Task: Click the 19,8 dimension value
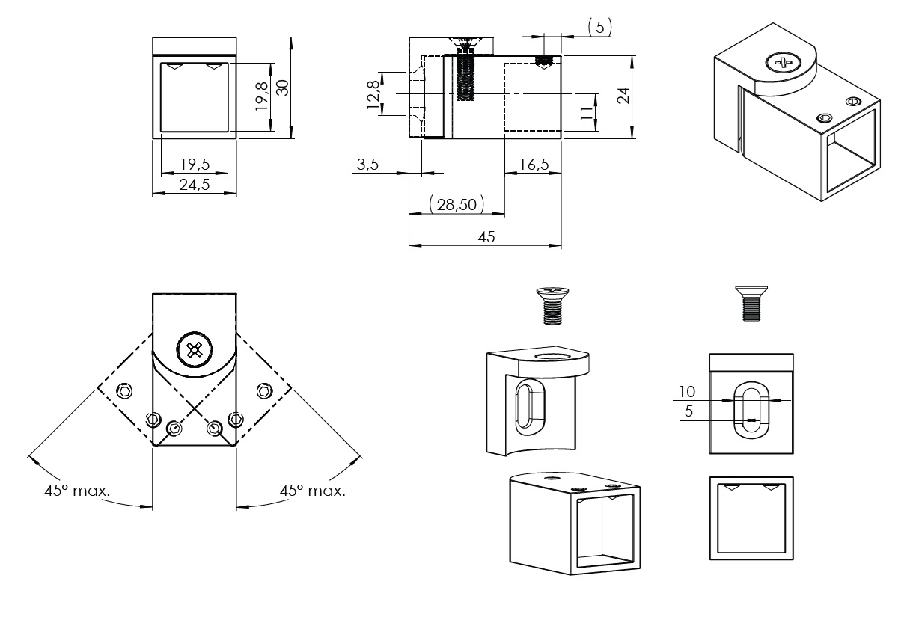click(x=261, y=97)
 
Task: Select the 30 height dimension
click(x=282, y=88)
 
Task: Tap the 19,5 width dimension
click(x=195, y=165)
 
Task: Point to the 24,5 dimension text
click(x=195, y=185)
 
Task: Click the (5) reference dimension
click(x=599, y=28)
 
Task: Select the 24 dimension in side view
click(x=623, y=96)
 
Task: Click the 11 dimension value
click(x=587, y=113)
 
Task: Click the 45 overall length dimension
click(x=486, y=237)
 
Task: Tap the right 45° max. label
click(x=313, y=491)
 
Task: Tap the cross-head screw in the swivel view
click(x=195, y=349)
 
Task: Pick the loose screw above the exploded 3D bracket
click(x=551, y=305)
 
